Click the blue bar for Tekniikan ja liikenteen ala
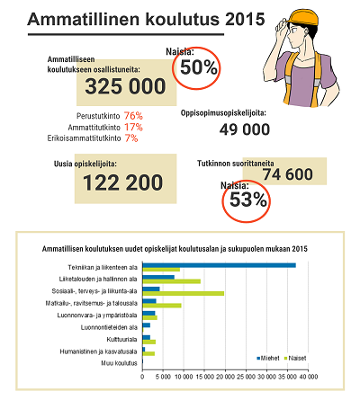coord(219,265)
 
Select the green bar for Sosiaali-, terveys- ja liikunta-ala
coord(184,293)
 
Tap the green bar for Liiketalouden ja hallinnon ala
coord(172,281)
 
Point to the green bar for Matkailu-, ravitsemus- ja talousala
coord(162,306)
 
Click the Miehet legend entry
coord(268,358)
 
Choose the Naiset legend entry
coord(295,358)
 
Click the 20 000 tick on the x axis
coord(225,377)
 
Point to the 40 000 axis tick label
coord(308,377)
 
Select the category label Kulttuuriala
coord(121,340)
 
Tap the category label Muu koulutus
coord(119,363)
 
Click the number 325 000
coord(125,86)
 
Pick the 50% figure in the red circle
coord(199,67)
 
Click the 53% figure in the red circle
coord(248,200)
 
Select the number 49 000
coord(245,129)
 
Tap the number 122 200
coord(123,182)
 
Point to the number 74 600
coord(288,174)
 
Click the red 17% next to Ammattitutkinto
coord(133,127)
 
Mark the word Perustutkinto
coord(98,116)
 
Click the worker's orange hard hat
coord(302,17)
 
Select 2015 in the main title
coord(245,20)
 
